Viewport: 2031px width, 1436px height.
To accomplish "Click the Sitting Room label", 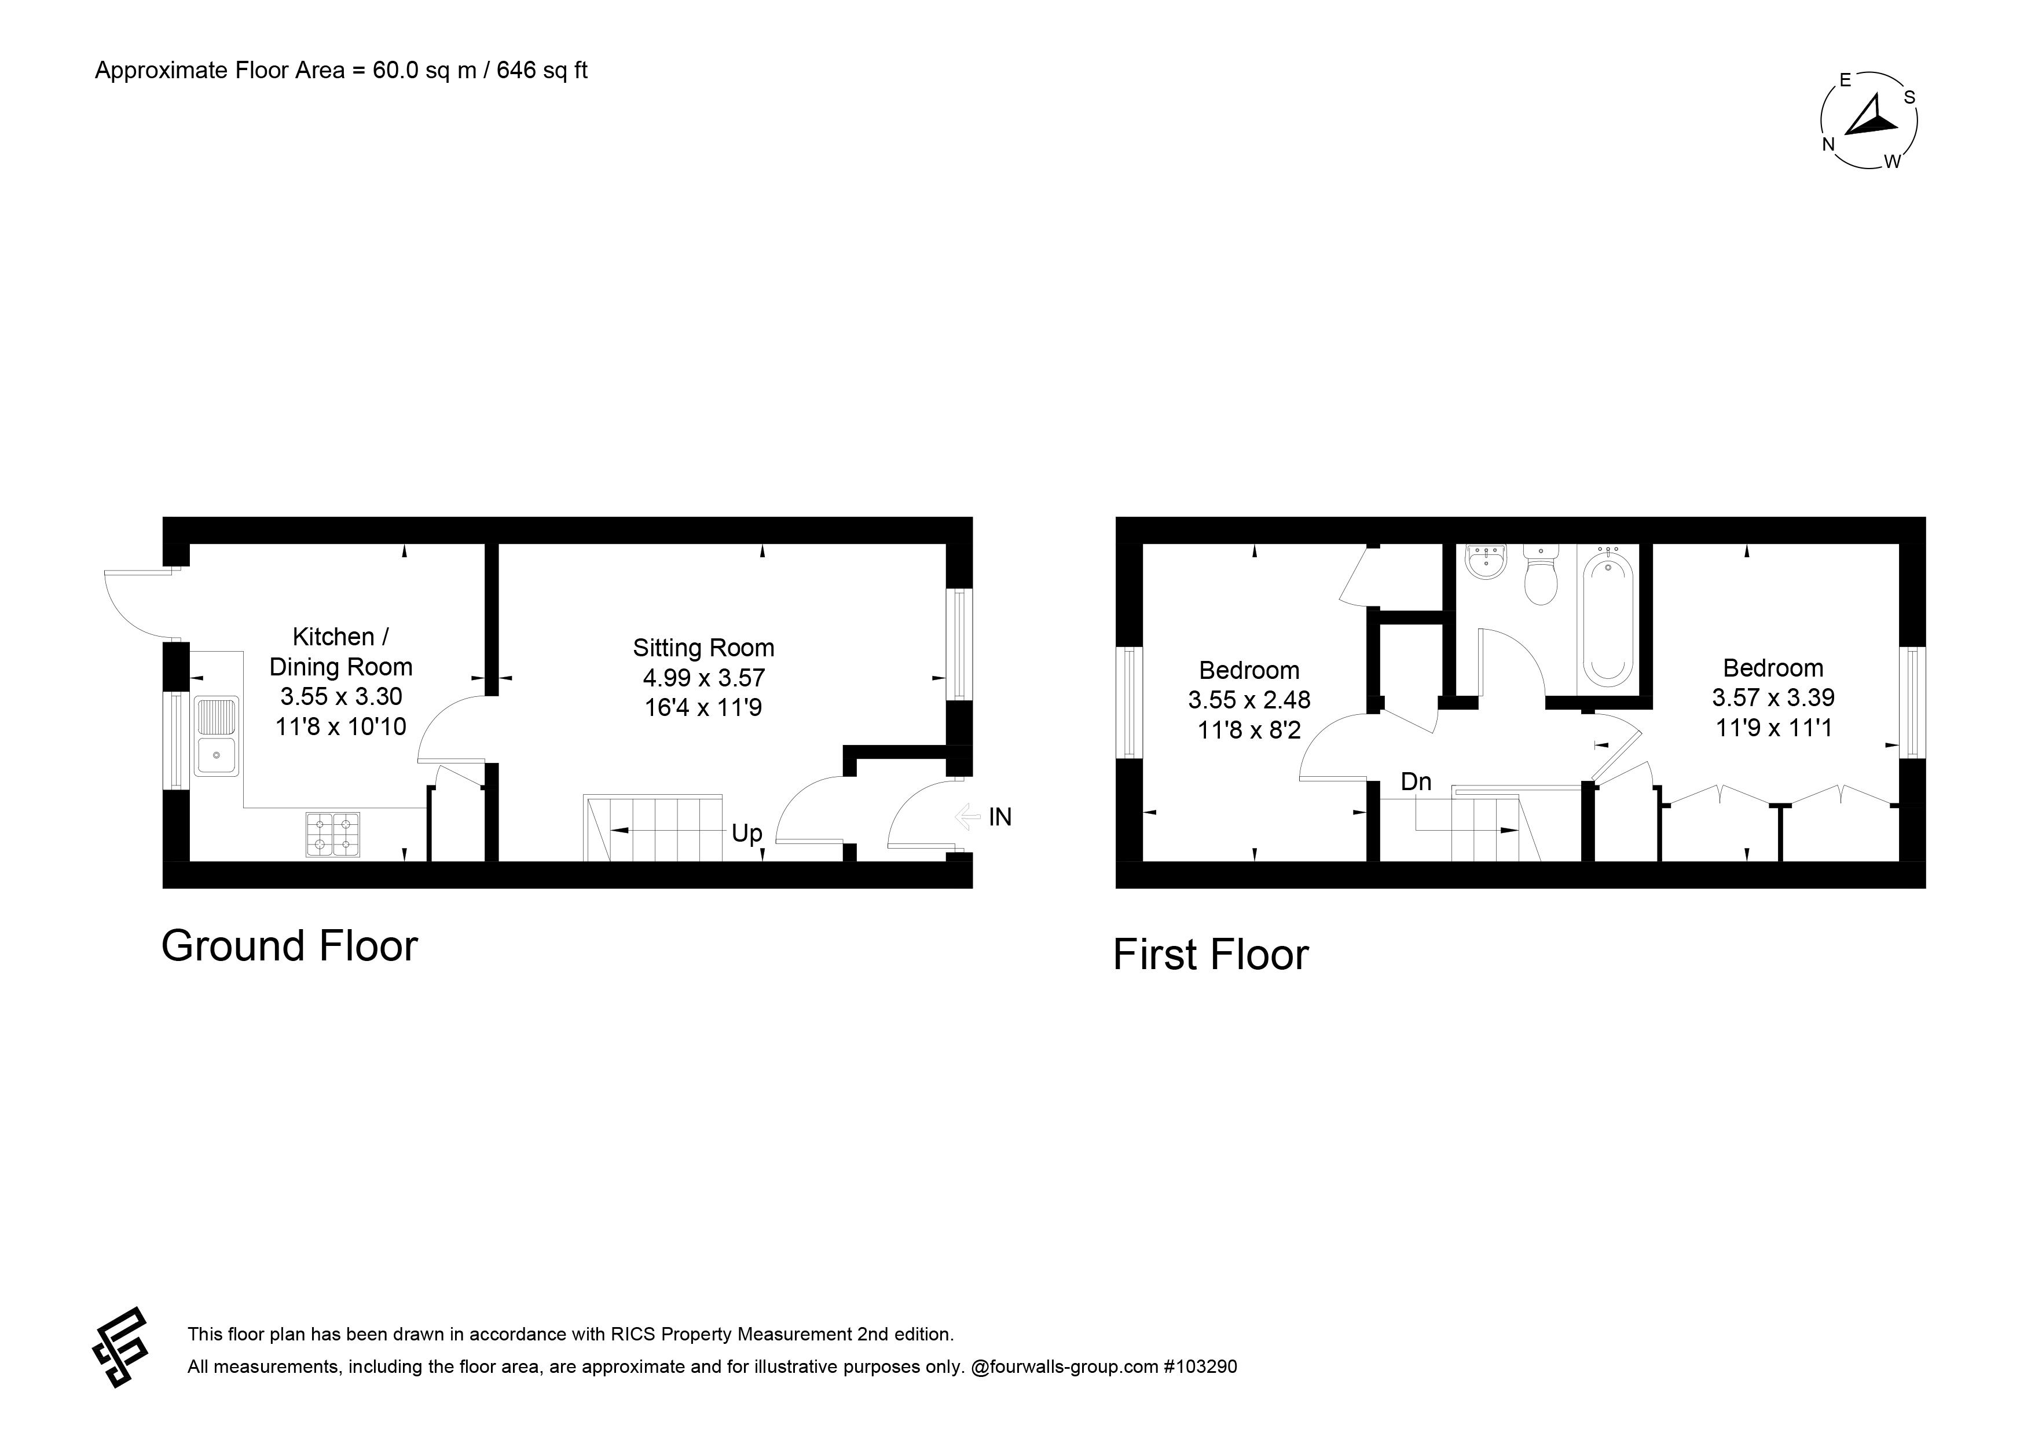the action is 703,648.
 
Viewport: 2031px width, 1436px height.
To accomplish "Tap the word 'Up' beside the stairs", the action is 747,834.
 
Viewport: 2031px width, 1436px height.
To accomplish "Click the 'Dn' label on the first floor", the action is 1416,782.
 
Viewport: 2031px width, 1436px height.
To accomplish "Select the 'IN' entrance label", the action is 999,817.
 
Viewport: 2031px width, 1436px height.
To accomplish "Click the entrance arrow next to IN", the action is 969,816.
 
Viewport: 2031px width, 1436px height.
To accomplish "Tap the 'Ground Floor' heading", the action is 289,946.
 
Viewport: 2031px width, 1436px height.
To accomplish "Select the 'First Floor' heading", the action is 1210,955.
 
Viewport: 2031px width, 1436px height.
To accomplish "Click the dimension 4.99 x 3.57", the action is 703,678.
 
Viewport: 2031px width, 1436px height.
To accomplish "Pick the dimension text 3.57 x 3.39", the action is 1773,697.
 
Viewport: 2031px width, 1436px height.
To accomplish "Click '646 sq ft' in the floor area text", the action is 542,71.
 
